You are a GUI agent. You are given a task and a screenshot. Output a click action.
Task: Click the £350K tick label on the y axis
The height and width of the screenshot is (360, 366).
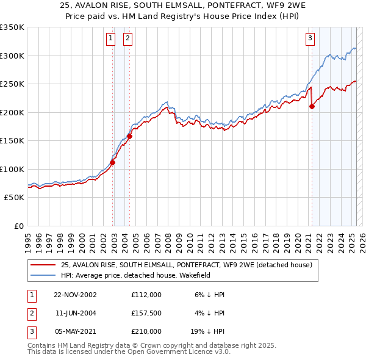click(x=12, y=27)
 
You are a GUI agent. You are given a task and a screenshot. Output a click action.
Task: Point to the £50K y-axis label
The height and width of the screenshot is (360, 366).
click(x=14, y=198)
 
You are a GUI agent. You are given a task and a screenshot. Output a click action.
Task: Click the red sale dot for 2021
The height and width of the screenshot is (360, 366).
click(x=312, y=106)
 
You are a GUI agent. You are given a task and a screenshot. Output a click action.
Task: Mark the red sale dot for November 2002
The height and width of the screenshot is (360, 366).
click(x=113, y=162)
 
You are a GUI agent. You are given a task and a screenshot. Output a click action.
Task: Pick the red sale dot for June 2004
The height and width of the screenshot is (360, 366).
click(x=129, y=136)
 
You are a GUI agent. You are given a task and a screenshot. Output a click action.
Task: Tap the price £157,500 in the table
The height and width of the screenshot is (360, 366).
click(x=146, y=313)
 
